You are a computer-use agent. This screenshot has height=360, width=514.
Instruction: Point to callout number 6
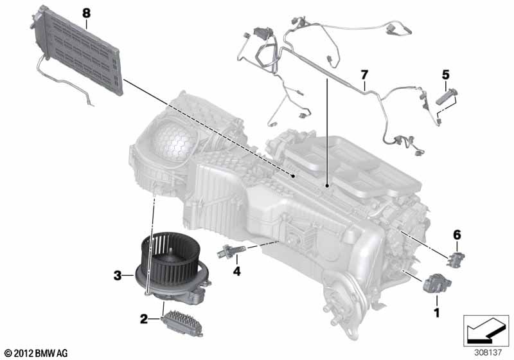coord(457,236)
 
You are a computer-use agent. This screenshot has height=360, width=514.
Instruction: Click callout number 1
coord(437,313)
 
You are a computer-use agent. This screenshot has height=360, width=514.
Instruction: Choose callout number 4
coord(237,271)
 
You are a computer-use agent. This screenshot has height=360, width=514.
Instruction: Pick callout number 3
coord(118,276)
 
